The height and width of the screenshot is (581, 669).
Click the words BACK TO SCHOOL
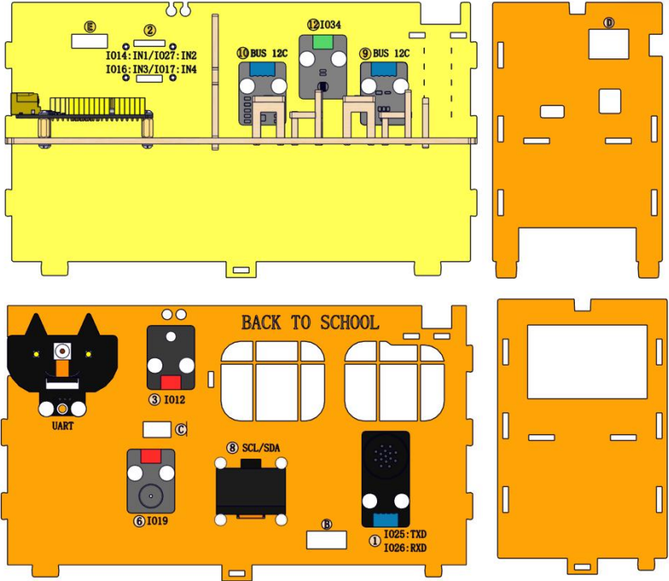click(x=311, y=323)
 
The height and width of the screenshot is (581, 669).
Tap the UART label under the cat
click(x=62, y=425)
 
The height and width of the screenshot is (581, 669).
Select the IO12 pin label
click(x=175, y=399)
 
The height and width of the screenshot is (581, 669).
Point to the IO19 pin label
click(x=157, y=520)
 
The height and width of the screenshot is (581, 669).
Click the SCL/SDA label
click(x=261, y=447)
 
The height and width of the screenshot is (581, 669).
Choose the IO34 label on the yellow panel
click(x=331, y=25)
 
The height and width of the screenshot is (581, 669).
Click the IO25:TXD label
click(x=405, y=534)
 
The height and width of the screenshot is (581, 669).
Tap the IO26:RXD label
click(x=405, y=547)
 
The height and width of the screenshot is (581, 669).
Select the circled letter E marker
click(x=90, y=27)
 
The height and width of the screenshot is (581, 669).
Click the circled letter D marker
click(x=609, y=22)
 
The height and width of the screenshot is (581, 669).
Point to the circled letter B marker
click(x=327, y=524)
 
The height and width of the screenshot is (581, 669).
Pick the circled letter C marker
click(x=181, y=429)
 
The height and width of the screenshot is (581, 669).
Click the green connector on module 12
click(x=323, y=42)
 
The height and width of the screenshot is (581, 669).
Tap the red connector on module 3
click(x=170, y=382)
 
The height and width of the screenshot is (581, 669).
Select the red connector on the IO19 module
click(x=151, y=456)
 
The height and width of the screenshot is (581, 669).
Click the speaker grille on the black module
click(x=385, y=455)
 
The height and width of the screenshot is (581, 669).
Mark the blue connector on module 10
click(x=263, y=69)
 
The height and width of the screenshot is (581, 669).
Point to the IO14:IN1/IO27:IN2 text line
click(x=152, y=55)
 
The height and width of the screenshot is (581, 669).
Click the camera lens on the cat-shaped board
click(x=62, y=351)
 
